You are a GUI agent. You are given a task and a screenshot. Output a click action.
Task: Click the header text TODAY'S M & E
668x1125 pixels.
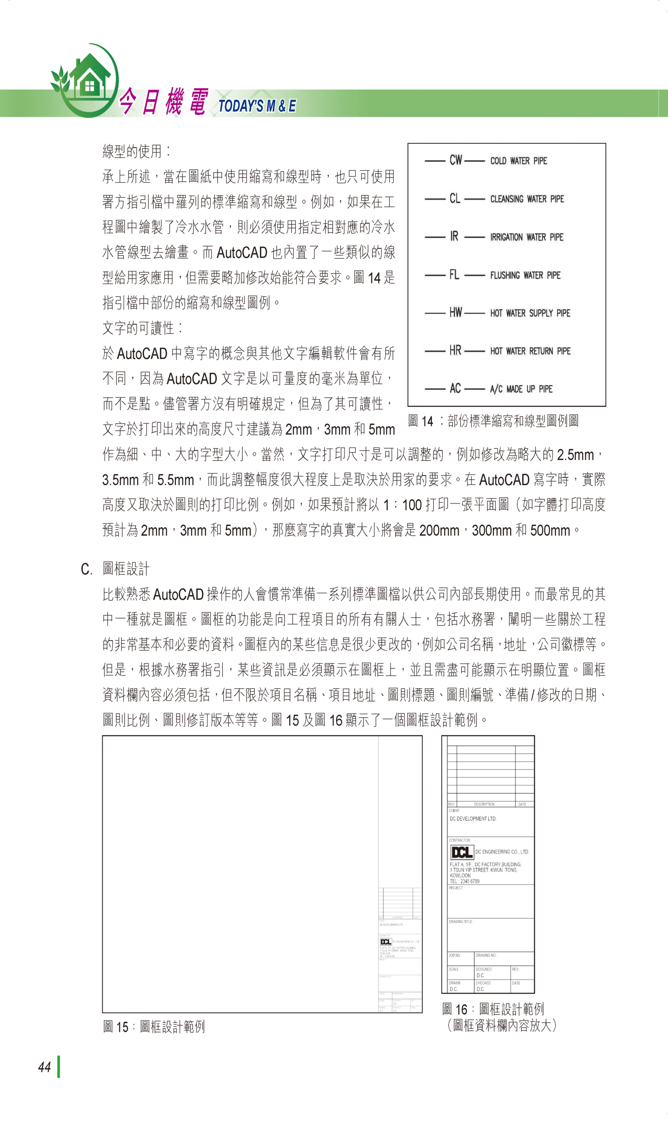click(x=257, y=106)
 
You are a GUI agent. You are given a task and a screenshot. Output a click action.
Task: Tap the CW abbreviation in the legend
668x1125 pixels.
click(x=456, y=160)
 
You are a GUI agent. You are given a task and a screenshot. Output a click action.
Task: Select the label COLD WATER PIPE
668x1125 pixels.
click(x=519, y=161)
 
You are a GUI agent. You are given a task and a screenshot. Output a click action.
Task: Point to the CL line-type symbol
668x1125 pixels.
click(x=455, y=199)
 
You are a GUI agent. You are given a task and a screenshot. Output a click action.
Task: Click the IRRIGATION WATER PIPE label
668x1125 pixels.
click(x=526, y=237)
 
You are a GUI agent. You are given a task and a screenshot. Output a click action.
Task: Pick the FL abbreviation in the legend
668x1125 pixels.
click(x=454, y=275)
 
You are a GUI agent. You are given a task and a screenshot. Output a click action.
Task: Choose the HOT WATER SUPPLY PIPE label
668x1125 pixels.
click(x=530, y=313)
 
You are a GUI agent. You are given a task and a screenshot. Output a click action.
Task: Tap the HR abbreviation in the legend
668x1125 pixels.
click(x=455, y=351)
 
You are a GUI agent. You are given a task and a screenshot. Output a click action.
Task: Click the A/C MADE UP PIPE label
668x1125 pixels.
click(x=521, y=389)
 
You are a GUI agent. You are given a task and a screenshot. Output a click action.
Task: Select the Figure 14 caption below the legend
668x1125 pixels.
click(x=493, y=421)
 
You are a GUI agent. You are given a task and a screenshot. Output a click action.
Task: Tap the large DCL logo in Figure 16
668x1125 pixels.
click(x=462, y=852)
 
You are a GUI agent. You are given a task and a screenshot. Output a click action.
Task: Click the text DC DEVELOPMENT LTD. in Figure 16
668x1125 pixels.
click(x=472, y=819)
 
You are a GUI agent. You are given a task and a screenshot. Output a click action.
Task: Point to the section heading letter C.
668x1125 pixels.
click(x=86, y=570)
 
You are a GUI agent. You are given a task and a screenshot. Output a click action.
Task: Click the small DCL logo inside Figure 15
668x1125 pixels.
click(x=386, y=942)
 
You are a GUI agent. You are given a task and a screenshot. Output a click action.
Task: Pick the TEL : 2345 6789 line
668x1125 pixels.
click(x=464, y=882)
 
